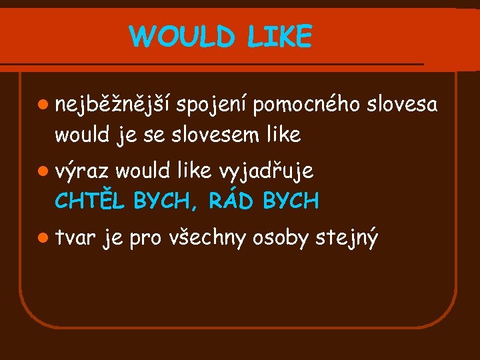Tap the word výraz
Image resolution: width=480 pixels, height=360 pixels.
(82, 171)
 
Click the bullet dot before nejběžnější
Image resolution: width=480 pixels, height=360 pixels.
(43, 105)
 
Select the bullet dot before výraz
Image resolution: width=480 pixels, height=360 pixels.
(43, 171)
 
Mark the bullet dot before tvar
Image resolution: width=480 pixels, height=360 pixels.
(43, 237)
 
